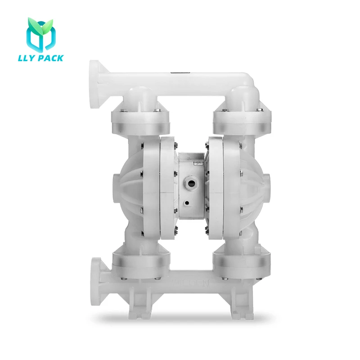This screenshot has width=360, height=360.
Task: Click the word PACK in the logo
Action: coord(53,58)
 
